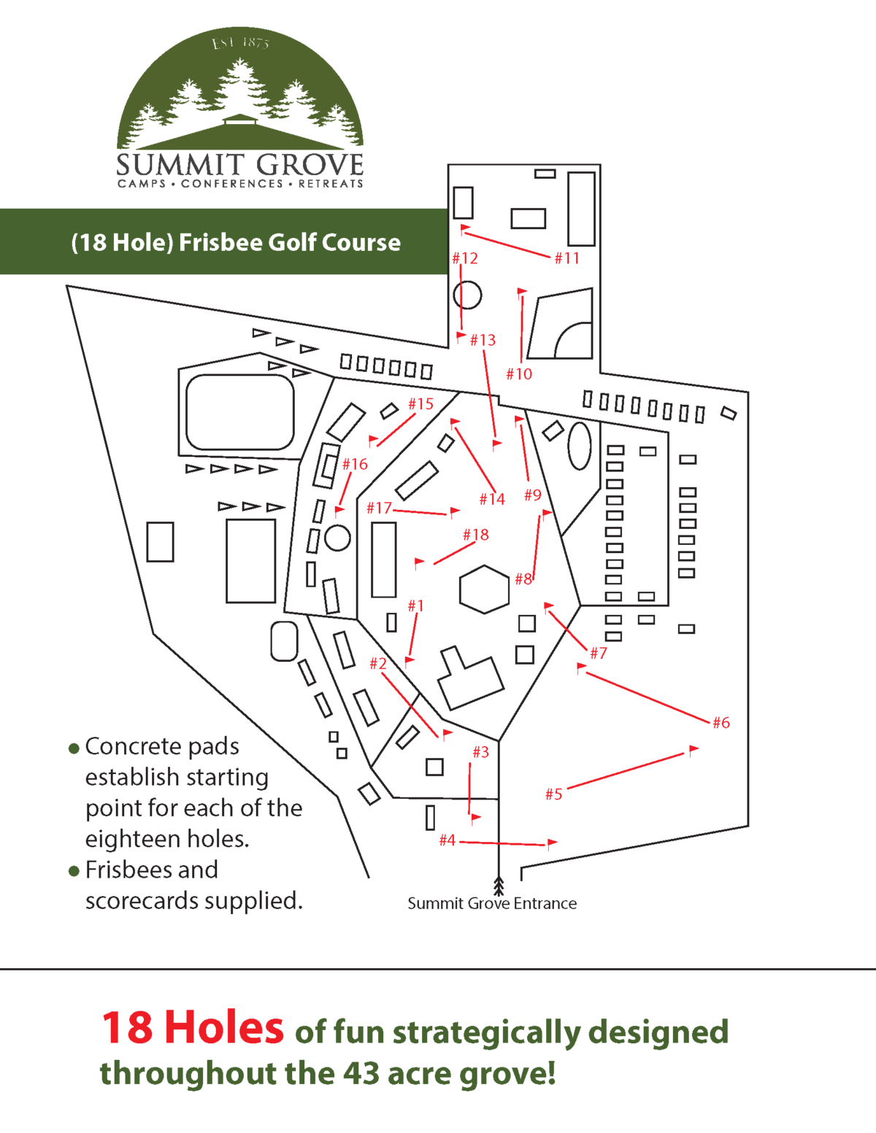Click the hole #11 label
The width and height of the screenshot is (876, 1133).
click(x=566, y=258)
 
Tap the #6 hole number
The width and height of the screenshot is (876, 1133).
click(x=721, y=723)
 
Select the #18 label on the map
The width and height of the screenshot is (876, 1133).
click(x=476, y=535)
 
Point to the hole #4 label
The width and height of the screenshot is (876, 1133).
click(x=447, y=840)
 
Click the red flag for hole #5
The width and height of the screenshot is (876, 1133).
click(x=693, y=749)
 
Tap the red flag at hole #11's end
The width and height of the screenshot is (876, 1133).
click(x=465, y=229)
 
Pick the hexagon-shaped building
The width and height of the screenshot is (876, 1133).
click(x=484, y=588)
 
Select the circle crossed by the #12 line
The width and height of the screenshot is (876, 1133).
click(x=467, y=295)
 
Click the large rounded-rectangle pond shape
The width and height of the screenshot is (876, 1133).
click(x=239, y=412)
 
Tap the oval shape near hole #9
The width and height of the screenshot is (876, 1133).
click(x=580, y=446)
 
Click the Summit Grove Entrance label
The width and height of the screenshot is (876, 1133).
click(x=492, y=904)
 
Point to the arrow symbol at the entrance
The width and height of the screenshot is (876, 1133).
click(x=499, y=886)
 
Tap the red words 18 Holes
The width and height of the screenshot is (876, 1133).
click(x=192, y=1028)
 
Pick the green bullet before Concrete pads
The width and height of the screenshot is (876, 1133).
click(x=74, y=749)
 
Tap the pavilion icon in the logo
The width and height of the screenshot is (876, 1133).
click(x=240, y=119)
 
